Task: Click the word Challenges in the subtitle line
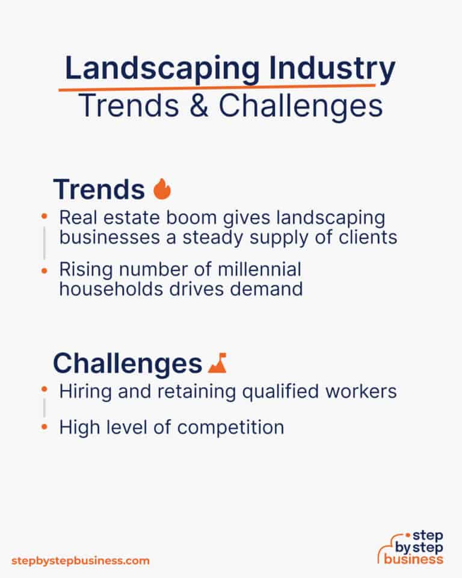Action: (x=301, y=107)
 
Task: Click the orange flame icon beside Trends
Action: (x=162, y=190)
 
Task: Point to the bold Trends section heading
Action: (x=99, y=190)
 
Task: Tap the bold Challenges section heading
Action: (x=127, y=364)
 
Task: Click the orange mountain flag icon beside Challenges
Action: (x=217, y=364)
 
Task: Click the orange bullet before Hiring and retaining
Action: (x=44, y=391)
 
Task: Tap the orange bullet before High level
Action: (x=44, y=427)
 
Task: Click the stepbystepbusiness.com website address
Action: (x=80, y=561)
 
